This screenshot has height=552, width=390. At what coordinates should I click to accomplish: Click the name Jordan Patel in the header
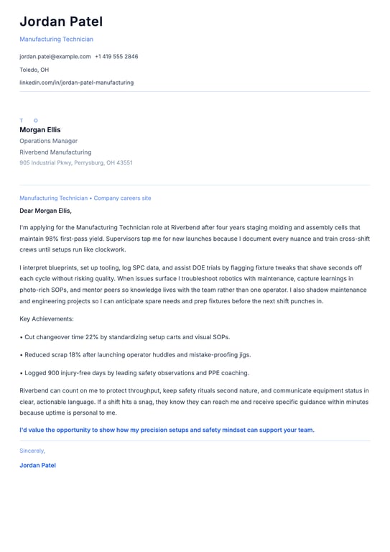[61, 22]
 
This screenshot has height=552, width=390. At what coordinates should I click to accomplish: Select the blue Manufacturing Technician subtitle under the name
[56, 40]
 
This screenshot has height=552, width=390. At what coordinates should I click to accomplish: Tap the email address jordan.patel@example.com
[55, 57]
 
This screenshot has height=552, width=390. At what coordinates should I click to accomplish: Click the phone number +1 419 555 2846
[116, 57]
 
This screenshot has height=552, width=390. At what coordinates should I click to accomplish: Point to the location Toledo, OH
[34, 70]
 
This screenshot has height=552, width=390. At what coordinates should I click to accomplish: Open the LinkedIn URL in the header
[76, 83]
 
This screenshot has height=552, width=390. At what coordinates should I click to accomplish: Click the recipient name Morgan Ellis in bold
[40, 130]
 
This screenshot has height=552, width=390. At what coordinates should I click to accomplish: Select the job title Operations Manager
[48, 141]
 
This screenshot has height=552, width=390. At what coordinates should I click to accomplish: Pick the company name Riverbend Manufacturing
[55, 152]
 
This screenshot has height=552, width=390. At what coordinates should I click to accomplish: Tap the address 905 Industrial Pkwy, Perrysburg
[75, 163]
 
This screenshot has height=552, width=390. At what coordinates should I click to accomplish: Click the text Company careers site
[122, 198]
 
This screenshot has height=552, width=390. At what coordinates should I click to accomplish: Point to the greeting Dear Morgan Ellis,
[45, 211]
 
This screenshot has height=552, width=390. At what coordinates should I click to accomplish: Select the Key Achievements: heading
[47, 318]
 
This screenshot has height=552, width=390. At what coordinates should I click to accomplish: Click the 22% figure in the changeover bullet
[92, 336]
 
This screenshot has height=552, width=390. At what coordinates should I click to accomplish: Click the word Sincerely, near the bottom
[32, 451]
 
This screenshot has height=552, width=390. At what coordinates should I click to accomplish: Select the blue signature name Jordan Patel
[37, 465]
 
